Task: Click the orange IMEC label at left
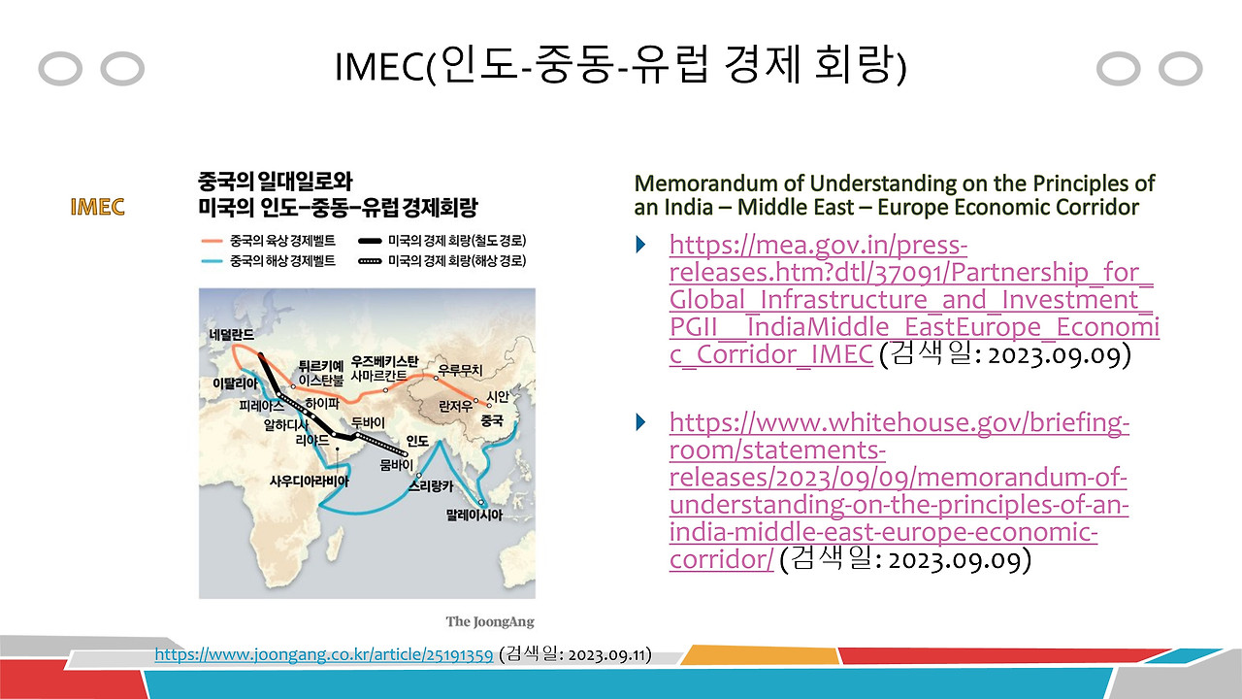(97, 207)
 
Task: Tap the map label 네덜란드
(232, 334)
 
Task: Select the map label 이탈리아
(235, 383)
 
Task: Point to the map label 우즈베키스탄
(385, 361)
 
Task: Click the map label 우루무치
(460, 370)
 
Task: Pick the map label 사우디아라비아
(310, 481)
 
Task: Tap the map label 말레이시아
(474, 515)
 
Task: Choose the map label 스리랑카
(432, 486)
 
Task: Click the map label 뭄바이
(396, 464)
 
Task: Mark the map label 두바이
(368, 422)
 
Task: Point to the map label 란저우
(456, 407)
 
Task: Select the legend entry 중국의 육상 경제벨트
(269, 241)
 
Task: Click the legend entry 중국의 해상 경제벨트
(269, 261)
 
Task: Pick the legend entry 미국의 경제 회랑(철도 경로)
(442, 241)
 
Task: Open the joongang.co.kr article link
(324, 654)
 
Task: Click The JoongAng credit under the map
(490, 622)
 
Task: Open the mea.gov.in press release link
(914, 300)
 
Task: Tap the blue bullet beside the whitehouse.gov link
(641, 422)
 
